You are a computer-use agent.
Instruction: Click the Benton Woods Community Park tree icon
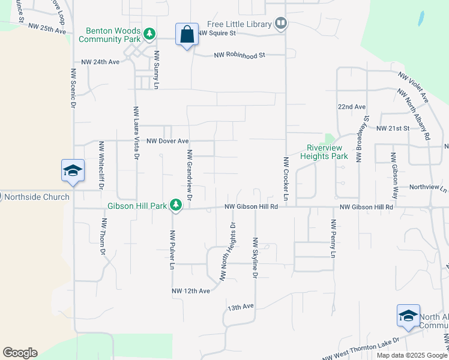[149, 34]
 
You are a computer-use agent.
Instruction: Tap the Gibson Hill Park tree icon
[176, 206]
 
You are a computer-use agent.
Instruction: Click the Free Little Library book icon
[280, 24]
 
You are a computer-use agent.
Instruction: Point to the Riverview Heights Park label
[327, 152]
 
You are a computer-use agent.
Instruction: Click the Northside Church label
[37, 197]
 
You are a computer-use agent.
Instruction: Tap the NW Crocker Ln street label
[286, 178]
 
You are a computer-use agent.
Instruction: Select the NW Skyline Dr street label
[255, 258]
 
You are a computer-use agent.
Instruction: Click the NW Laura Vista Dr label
[136, 137]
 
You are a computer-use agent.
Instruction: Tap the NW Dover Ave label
[168, 141]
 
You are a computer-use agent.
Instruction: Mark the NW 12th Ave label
[191, 291]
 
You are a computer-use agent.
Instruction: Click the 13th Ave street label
[241, 307]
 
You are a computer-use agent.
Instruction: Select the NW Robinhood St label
[240, 56]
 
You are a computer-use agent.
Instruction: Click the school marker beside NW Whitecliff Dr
[73, 170]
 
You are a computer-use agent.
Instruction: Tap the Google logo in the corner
[20, 353]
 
